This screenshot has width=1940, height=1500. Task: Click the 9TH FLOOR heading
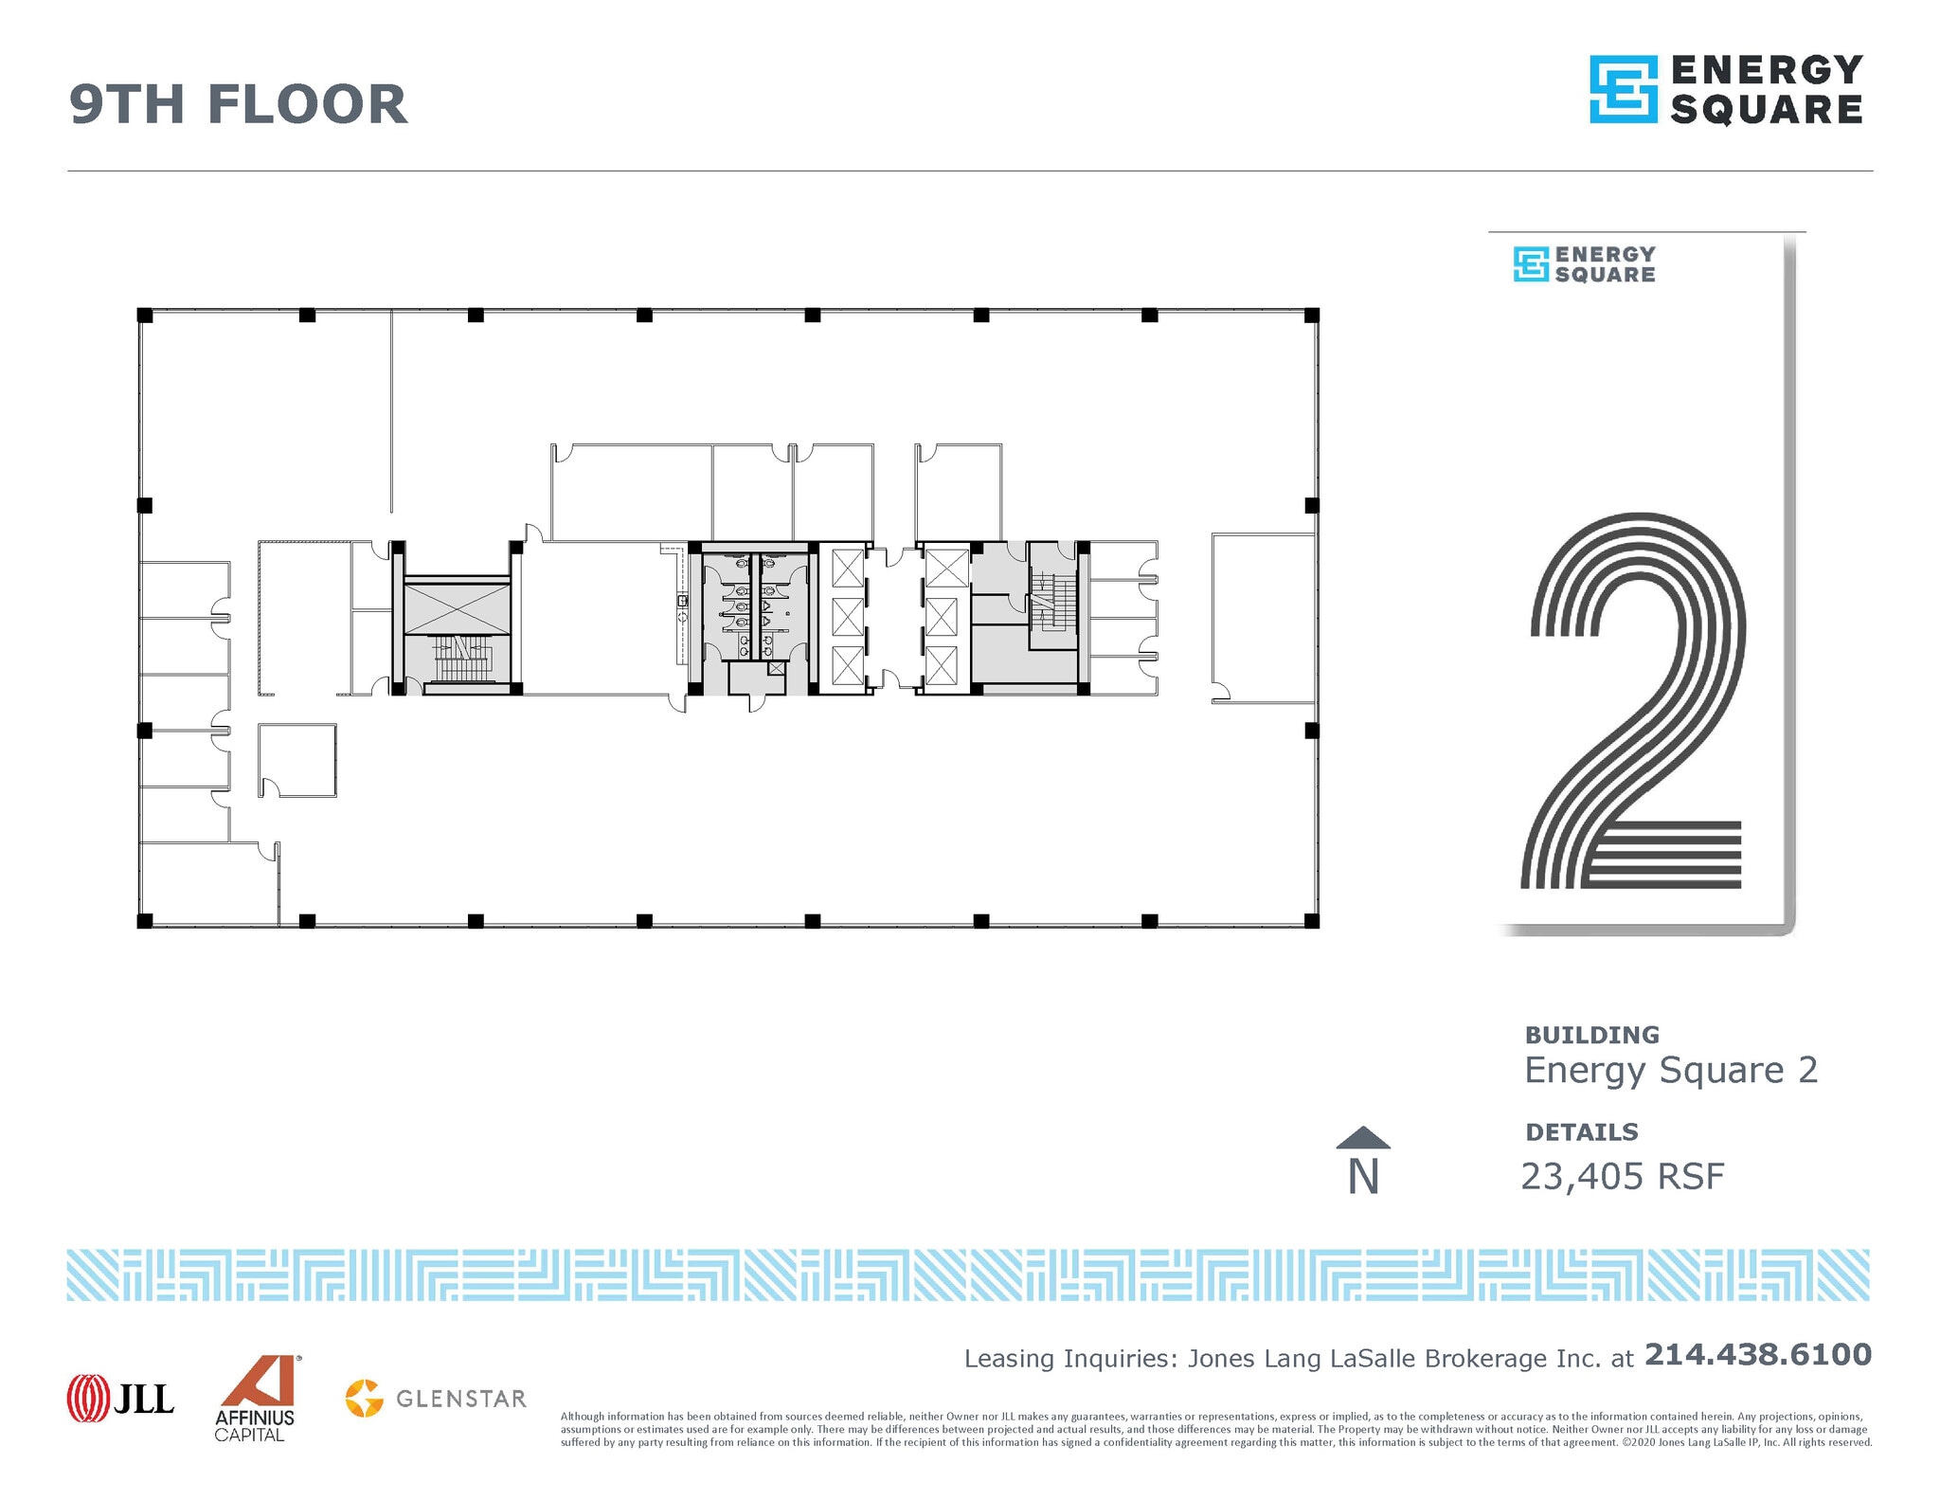(238, 104)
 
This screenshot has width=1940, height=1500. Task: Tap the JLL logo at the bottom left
(120, 1398)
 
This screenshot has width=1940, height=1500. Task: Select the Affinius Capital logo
(256, 1399)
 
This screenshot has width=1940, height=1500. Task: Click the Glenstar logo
(436, 1399)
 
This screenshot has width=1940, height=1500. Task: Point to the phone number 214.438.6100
(1757, 1354)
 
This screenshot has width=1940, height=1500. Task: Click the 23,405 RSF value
(1622, 1177)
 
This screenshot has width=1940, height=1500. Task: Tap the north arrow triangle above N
(1363, 1137)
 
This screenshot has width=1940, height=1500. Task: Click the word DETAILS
(1581, 1132)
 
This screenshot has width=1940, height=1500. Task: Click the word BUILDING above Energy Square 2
(1591, 1035)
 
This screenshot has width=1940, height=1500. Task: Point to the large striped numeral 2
(1634, 701)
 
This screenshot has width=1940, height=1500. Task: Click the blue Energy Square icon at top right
(1623, 89)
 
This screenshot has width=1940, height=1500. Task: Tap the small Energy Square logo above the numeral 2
(1583, 264)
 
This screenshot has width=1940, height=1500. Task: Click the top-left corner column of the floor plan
(145, 315)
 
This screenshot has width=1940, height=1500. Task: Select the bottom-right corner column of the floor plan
(1312, 921)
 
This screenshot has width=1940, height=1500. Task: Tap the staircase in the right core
(1051, 602)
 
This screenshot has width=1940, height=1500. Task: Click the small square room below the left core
(297, 760)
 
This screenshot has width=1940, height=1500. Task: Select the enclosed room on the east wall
(1263, 618)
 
